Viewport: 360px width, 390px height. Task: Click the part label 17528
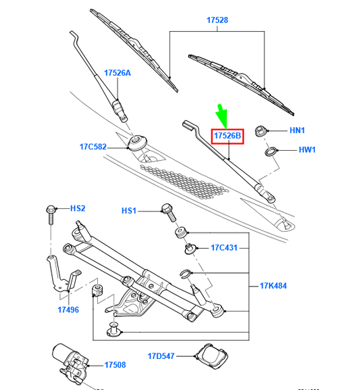click(217, 21)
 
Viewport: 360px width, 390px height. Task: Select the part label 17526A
click(118, 72)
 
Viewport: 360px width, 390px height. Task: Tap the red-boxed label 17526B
click(228, 136)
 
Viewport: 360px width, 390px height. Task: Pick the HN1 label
click(298, 130)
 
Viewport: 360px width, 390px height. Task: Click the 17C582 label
click(93, 147)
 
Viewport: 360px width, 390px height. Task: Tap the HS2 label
click(79, 209)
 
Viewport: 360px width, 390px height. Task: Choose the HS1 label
click(129, 211)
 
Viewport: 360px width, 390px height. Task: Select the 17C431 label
click(224, 247)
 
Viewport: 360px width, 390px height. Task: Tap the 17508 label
click(115, 365)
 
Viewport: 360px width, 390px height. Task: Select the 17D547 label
click(161, 355)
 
